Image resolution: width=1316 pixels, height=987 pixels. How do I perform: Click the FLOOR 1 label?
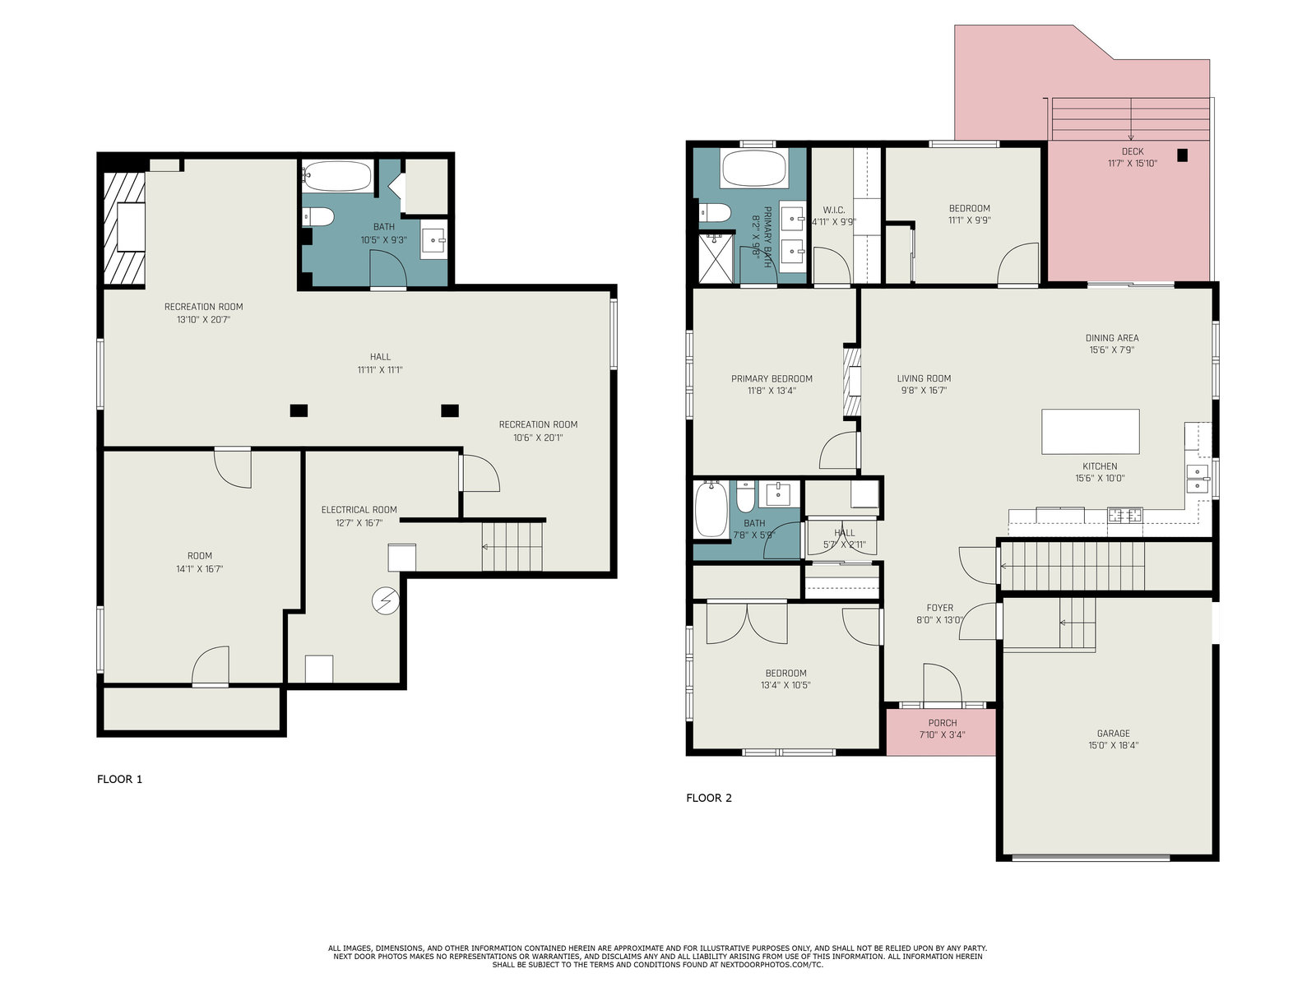(x=119, y=779)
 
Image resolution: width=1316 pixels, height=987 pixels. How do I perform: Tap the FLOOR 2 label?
(x=709, y=798)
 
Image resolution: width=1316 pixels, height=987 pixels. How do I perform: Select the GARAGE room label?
(x=1114, y=734)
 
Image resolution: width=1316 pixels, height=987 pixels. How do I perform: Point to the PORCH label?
(x=943, y=723)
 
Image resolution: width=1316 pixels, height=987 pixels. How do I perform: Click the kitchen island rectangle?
(x=1091, y=432)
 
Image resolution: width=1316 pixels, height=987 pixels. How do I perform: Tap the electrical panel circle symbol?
(x=386, y=600)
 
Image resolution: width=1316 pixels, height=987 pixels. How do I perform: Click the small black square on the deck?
(x=1182, y=155)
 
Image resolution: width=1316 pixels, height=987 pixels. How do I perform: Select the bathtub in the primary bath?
(x=753, y=169)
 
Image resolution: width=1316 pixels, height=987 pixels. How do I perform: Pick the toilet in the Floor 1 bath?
(x=317, y=216)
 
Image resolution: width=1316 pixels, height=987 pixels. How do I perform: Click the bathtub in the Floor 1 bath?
(x=337, y=175)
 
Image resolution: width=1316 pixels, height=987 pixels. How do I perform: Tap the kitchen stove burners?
(x=1124, y=515)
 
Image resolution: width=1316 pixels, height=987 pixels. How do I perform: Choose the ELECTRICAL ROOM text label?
(x=359, y=510)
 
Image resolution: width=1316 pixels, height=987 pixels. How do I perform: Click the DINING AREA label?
(x=1112, y=338)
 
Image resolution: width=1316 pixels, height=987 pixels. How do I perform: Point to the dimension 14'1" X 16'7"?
(x=200, y=568)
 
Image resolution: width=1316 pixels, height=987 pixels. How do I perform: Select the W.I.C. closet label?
(x=834, y=211)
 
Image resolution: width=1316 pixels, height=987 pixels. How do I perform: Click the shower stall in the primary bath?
(x=716, y=258)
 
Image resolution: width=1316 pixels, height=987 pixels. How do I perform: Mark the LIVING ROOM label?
(x=924, y=378)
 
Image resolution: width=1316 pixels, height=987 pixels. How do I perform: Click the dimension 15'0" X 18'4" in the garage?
(x=1114, y=745)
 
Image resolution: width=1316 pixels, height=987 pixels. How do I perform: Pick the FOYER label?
(x=939, y=608)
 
